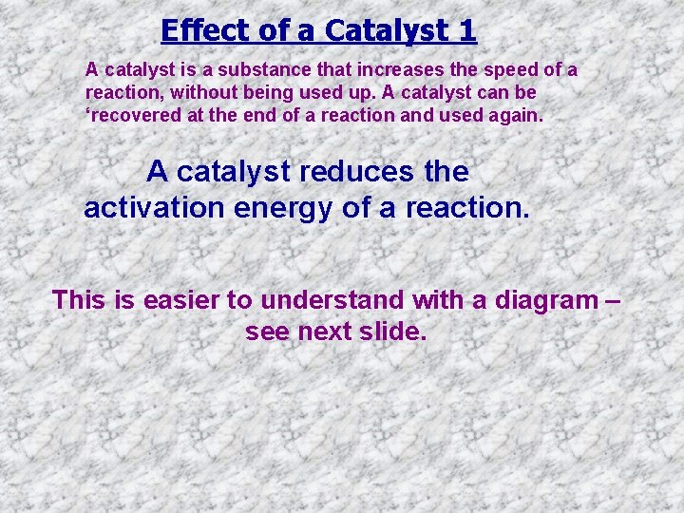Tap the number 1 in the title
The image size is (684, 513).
pyautogui.click(x=465, y=30)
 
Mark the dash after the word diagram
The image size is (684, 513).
pyautogui.click(x=611, y=300)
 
